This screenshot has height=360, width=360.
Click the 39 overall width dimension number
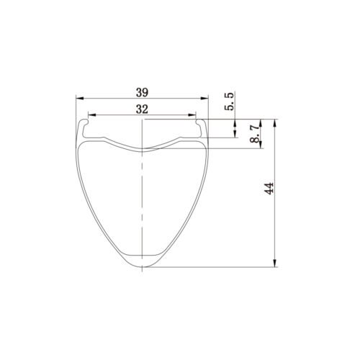141,91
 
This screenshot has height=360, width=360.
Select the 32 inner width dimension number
141,109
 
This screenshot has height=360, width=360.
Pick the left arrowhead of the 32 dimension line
90,115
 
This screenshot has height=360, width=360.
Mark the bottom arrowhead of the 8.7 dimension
261,146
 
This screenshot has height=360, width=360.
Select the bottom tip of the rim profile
142,267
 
